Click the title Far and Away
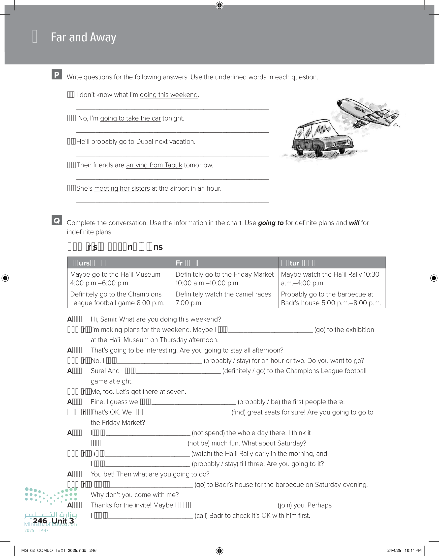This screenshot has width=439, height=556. pos(83,37)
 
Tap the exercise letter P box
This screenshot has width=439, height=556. pos(57,74)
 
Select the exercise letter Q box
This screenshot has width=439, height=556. pos(57,220)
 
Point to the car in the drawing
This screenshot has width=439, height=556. pos(323,139)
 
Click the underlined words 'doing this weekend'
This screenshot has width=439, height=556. pos(169,95)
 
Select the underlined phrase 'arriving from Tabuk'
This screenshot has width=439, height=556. pos(154,165)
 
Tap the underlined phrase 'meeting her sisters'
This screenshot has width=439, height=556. pos(122,188)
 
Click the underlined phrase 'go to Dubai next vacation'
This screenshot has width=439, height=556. pos(156,142)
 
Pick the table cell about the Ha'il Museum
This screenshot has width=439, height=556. pos(120,278)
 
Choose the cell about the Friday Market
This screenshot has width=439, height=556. pos(225,278)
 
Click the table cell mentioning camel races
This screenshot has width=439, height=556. pos(225,298)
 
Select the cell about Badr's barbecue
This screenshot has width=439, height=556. pos(332,298)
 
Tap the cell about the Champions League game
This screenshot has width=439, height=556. pos(120,298)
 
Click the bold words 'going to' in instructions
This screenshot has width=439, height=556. pos(271,223)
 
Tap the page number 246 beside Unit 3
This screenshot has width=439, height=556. pos(40,521)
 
